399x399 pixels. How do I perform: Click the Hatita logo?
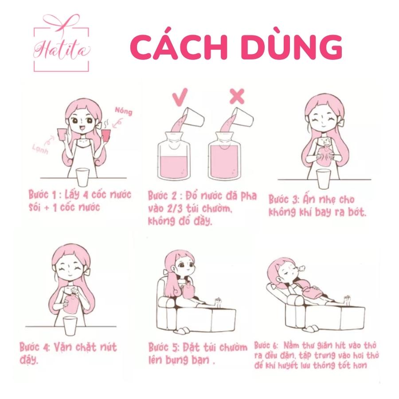pyautogui.click(x=61, y=43)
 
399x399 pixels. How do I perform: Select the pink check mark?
pyautogui.click(x=180, y=97)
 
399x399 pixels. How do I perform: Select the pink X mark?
pyautogui.click(x=237, y=96)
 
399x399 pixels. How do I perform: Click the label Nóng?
pyautogui.click(x=123, y=111)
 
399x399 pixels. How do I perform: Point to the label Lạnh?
pyautogui.click(x=40, y=149)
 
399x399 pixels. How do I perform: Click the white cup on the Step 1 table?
pyautogui.click(x=83, y=177)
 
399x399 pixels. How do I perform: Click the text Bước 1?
pyautogui.click(x=42, y=195)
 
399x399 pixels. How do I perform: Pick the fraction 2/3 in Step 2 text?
pyautogui.click(x=175, y=209)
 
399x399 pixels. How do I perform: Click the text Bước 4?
pyautogui.click(x=35, y=347)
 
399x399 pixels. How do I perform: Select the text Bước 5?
pyautogui.click(x=164, y=348)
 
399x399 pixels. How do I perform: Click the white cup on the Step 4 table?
pyautogui.click(x=70, y=326)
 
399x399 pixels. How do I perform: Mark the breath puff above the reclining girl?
pyautogui.click(x=301, y=267)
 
